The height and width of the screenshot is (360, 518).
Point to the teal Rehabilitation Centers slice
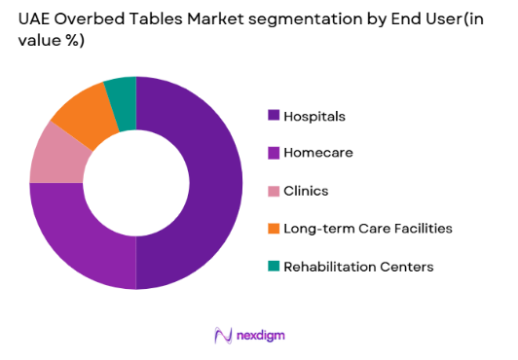coord(121,90)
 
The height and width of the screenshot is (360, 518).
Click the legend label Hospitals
coord(314,117)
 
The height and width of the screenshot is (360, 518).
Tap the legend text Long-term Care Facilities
coord(367,229)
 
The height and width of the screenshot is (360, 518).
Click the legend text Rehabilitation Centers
coord(358,266)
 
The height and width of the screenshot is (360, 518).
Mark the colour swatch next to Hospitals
coord(275,117)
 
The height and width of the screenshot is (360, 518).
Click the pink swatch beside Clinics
coord(275,192)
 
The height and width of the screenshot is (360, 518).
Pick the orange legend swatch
coord(275,229)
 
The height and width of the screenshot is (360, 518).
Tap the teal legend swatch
coord(275,266)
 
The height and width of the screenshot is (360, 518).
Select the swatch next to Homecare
coord(275,154)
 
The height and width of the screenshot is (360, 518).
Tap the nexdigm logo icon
coord(220,336)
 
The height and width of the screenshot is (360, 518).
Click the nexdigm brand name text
coord(260,336)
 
